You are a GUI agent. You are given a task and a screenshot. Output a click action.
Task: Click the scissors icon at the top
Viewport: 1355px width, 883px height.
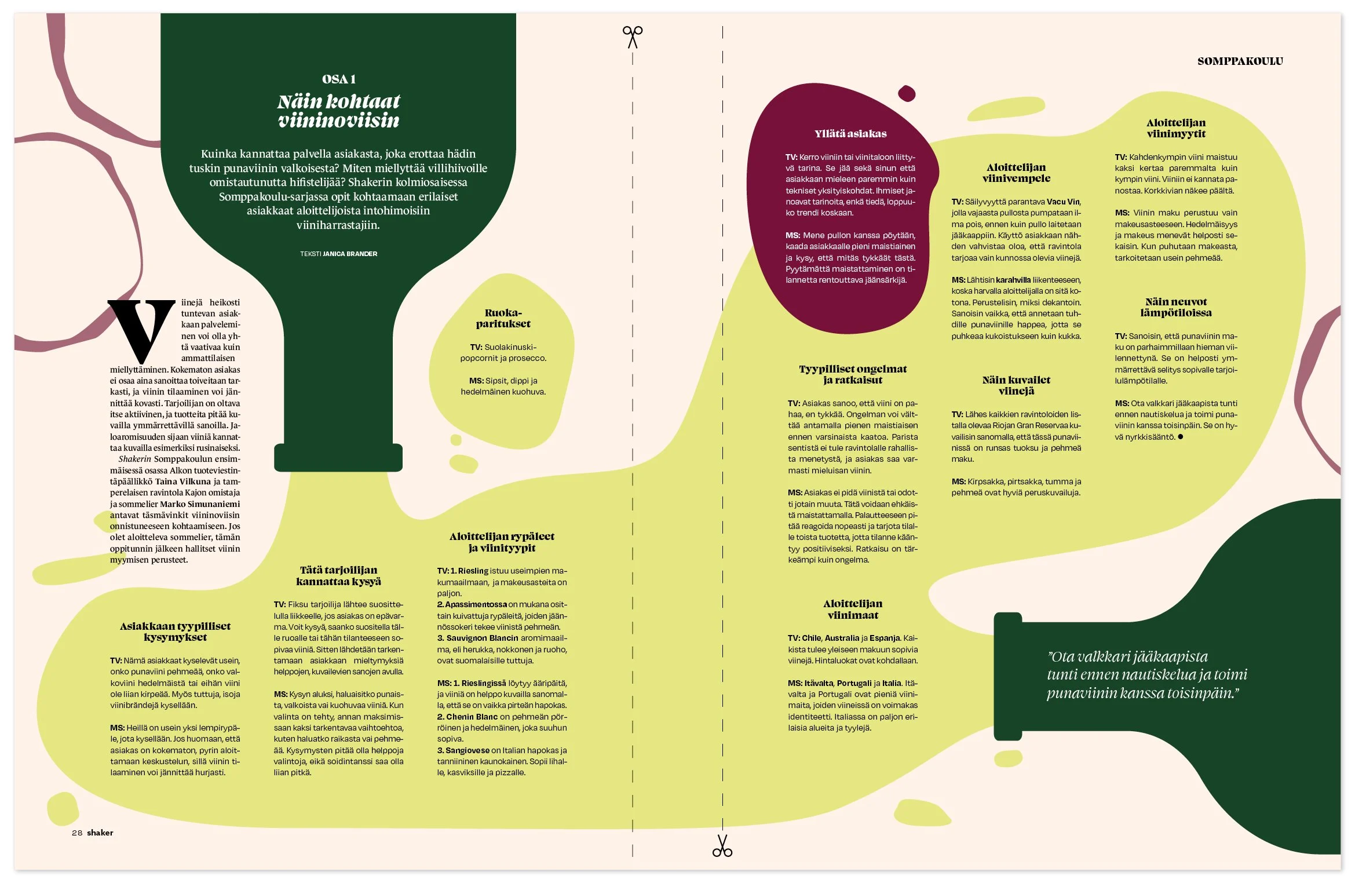pos(632,37)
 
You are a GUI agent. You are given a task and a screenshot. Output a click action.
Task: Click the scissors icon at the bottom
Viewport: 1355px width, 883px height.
pos(722,845)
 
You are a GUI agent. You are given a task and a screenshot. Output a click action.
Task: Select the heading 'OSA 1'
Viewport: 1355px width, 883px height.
pos(339,79)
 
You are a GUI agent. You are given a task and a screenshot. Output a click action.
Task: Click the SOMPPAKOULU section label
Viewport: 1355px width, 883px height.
pos(1240,61)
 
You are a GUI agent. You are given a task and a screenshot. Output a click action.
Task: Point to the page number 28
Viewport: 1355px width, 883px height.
pos(77,833)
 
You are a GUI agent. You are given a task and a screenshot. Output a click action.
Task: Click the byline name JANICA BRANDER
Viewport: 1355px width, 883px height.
pos(350,254)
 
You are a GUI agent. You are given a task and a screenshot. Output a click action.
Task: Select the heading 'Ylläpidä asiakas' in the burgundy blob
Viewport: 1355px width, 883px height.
pos(850,134)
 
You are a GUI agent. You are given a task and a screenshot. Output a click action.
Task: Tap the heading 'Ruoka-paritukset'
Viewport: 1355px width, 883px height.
pos(503,318)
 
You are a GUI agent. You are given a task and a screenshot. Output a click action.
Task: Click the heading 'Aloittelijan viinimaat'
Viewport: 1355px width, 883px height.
pos(852,610)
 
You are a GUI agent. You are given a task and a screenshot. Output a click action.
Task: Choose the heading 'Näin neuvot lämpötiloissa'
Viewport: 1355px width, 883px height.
pos(1175,307)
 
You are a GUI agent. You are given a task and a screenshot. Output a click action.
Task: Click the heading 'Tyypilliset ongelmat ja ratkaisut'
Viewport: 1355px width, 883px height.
pos(852,374)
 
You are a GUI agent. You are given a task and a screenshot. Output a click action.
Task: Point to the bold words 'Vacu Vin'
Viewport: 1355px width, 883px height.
pos(1063,202)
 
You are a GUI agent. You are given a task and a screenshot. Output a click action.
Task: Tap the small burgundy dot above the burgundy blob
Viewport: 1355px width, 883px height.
pos(906,93)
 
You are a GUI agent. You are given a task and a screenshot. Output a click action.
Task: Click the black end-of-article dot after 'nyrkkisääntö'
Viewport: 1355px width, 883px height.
pos(1180,437)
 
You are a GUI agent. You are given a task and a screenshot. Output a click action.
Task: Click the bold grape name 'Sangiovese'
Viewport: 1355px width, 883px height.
pos(467,750)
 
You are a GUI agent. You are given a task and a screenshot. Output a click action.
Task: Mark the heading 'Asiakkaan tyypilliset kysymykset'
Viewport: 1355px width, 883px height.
pos(175,632)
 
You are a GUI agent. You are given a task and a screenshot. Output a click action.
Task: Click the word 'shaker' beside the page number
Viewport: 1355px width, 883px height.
pos(100,833)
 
